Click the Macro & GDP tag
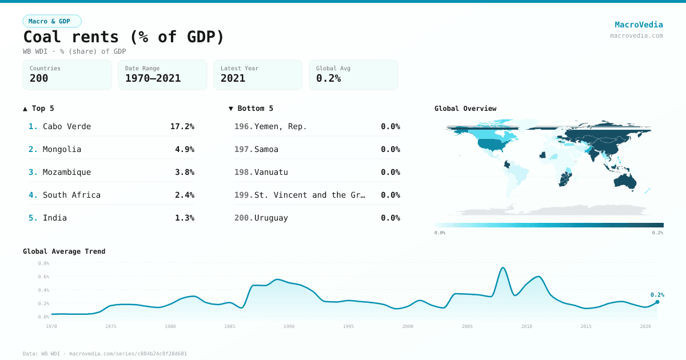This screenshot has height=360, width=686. click(52, 21)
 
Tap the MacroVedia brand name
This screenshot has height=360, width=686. click(639, 25)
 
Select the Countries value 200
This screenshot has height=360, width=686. click(39, 78)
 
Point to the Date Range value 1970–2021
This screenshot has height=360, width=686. click(153, 78)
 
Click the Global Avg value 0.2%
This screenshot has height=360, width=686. click(328, 78)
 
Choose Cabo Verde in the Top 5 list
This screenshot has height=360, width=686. click(67, 126)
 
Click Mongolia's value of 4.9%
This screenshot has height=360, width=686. click(184, 149)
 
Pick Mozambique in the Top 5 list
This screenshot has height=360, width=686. click(67, 172)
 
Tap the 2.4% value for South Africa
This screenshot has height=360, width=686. click(184, 195)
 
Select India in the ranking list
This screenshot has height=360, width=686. click(55, 218)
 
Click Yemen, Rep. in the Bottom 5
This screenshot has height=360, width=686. click(280, 126)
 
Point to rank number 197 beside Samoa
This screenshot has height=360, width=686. click(243, 149)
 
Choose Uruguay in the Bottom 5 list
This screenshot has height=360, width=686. click(271, 218)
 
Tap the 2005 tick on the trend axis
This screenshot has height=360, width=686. click(467, 326)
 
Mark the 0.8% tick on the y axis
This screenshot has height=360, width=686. click(43, 263)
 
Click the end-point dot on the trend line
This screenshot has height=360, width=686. click(657, 302)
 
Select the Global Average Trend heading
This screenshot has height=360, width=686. click(64, 251)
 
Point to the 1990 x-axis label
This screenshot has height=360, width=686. click(289, 326)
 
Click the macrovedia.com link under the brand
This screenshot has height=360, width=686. click(636, 35)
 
